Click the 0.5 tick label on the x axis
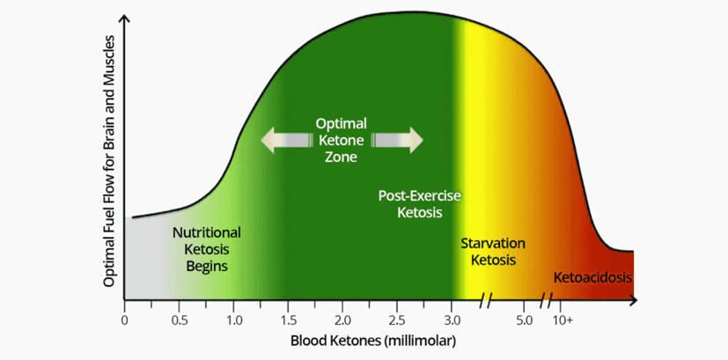[180, 319]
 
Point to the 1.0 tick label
[234, 319]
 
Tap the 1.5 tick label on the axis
[289, 319]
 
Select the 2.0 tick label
[343, 319]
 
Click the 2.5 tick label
[398, 319]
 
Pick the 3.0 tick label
[452, 319]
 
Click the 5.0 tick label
[524, 319]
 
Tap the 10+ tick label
[563, 319]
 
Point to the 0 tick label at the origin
[125, 319]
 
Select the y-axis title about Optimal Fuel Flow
[109, 161]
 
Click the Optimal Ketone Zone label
[342, 140]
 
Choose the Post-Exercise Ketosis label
[420, 203]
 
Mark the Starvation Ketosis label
[493, 251]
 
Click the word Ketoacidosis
[592, 277]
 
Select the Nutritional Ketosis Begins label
[207, 249]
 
